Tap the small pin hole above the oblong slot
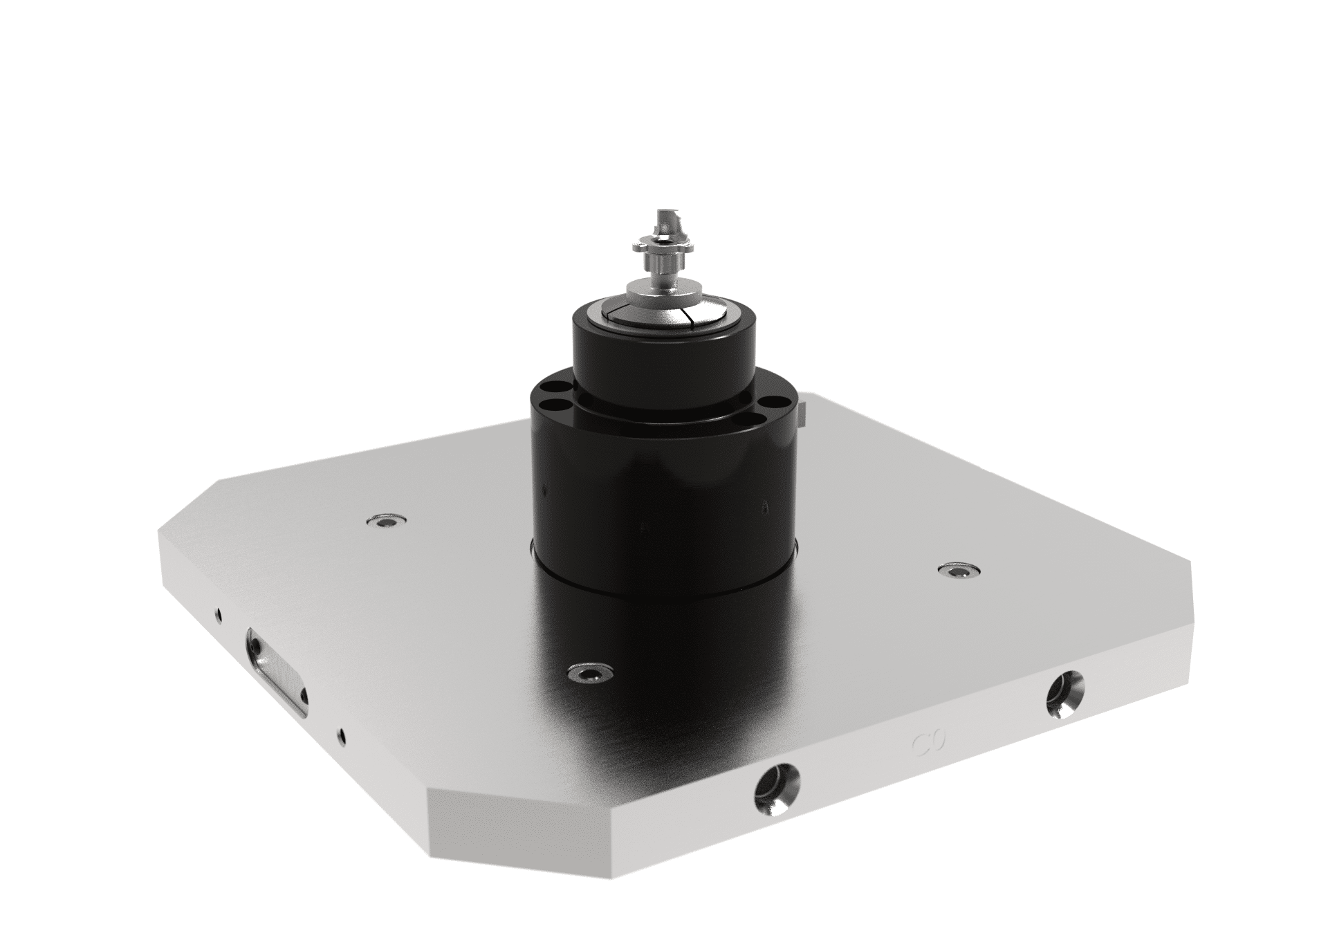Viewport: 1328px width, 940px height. point(219,613)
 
